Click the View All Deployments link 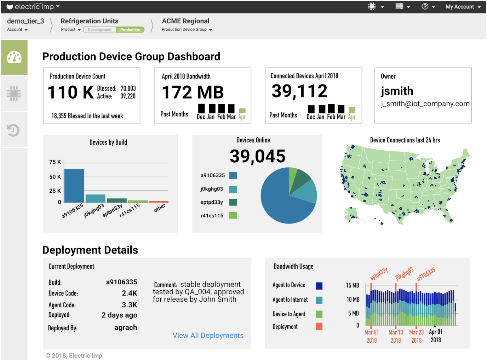[208, 335]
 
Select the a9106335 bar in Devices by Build [74, 186]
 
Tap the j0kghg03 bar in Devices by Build [95, 198]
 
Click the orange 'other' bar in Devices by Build [159, 202]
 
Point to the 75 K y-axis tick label [55, 162]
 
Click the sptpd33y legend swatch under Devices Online [233, 202]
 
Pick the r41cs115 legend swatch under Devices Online [233, 215]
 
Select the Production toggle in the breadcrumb [130, 30]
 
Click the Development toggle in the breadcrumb [99, 30]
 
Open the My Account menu [463, 7]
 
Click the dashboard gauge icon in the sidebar [14, 57]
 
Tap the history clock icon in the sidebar [13, 130]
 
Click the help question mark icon [425, 6]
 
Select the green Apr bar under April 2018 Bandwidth [242, 111]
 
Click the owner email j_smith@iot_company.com [425, 104]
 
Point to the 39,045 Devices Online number [258, 156]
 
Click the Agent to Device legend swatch [319, 286]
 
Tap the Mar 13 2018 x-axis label [396, 336]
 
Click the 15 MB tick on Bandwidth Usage [353, 285]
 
